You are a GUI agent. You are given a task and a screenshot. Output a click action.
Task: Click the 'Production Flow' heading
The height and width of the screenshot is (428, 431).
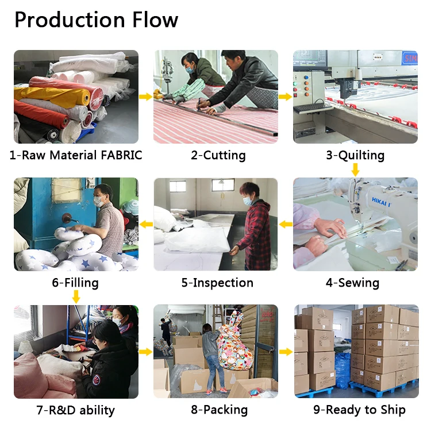pyautogui.click(x=96, y=20)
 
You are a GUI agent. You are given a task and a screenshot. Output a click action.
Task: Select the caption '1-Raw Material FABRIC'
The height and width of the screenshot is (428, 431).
pyautogui.click(x=76, y=155)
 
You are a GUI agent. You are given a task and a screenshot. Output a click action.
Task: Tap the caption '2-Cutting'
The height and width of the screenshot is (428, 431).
pyautogui.click(x=218, y=155)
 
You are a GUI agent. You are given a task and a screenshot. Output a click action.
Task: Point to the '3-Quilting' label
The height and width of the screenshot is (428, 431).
pyautogui.click(x=355, y=155)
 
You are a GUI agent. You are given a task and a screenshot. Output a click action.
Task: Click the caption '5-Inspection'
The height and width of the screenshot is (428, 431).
pyautogui.click(x=217, y=283)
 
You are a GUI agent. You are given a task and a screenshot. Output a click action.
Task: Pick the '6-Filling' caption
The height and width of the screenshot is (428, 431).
pyautogui.click(x=75, y=283)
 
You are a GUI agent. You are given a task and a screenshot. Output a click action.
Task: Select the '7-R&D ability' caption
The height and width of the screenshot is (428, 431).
pyautogui.click(x=75, y=410)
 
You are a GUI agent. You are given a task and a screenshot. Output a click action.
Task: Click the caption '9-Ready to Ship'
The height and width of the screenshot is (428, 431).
pyautogui.click(x=359, y=410)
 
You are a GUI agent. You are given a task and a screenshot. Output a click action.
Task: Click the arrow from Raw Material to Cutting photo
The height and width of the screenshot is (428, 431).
pyautogui.click(x=146, y=97)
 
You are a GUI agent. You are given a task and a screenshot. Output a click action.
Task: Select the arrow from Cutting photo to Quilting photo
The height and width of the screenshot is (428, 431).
pyautogui.click(x=286, y=97)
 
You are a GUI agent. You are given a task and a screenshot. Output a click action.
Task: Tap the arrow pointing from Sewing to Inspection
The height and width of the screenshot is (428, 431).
pyautogui.click(x=286, y=223)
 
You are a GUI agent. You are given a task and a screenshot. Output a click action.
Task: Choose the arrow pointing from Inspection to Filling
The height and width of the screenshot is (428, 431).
pyautogui.click(x=146, y=223)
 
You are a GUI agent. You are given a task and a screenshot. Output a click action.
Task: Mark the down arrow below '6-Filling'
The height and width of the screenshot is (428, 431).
pyautogui.click(x=76, y=297)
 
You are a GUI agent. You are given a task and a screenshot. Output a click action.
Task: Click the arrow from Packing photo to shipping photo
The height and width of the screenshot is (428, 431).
pyautogui.click(x=286, y=351)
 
